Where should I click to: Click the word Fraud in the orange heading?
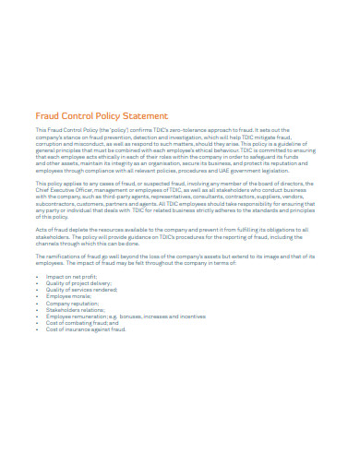pos(47,116)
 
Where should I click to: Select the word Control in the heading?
pos(82,116)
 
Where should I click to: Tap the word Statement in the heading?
pos(146,116)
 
